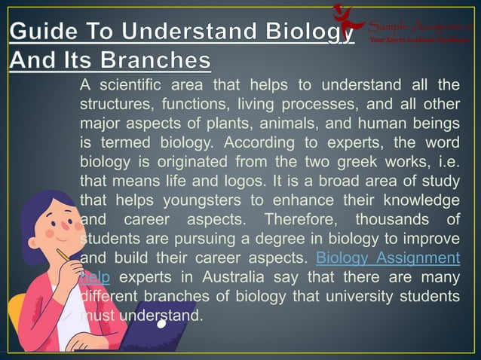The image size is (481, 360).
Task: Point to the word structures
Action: pos(113,103)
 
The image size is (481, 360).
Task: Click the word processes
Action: pos(317,103)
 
